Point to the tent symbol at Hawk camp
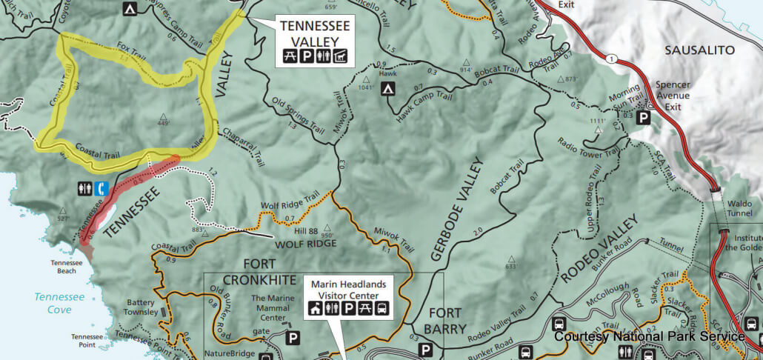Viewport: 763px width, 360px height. click(387, 90)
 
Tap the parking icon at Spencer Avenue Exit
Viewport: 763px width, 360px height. click(644, 117)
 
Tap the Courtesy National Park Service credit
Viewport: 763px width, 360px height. click(649, 336)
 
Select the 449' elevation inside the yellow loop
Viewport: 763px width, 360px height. click(163, 123)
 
